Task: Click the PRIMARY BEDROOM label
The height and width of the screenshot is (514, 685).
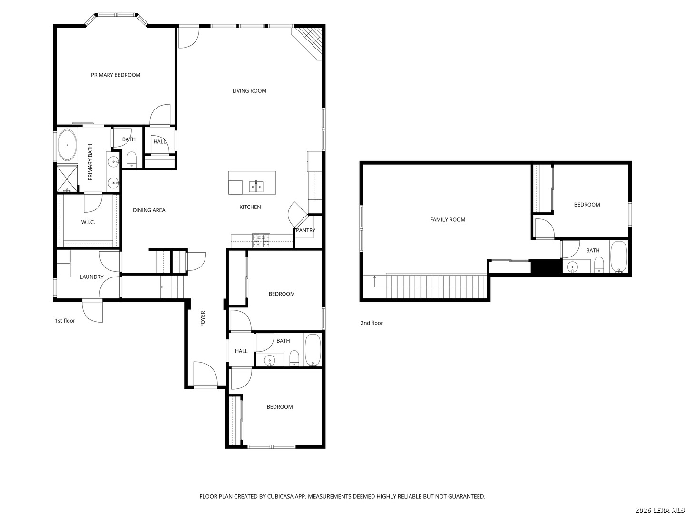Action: pos(116,75)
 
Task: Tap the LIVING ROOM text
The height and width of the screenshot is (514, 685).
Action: pos(249,91)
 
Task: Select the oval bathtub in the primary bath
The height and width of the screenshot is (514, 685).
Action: pos(68,145)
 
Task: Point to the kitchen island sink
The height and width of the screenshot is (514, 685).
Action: pos(256,186)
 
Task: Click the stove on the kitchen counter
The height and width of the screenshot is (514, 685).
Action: pos(261,241)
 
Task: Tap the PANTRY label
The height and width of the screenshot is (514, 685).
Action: pos(305,230)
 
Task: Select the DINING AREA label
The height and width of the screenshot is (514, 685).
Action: pos(149,210)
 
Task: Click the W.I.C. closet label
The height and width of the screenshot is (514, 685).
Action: pos(88,222)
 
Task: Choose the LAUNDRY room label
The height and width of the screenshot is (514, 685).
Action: pos(91,277)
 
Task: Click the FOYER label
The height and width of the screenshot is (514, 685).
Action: pos(203,319)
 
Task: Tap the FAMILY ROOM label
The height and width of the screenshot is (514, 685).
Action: pos(448,220)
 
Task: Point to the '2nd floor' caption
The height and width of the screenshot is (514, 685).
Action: pos(372,323)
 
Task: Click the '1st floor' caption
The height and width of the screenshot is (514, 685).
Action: pos(65,321)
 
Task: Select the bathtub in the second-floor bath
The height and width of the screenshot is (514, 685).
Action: pos(619,257)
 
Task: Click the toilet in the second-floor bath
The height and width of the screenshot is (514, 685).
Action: pos(599,264)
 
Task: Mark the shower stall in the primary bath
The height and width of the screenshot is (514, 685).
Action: pos(67,178)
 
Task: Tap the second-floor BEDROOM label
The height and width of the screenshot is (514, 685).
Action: pos(587,205)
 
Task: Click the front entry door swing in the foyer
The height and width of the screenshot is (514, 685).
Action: pos(205,374)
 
